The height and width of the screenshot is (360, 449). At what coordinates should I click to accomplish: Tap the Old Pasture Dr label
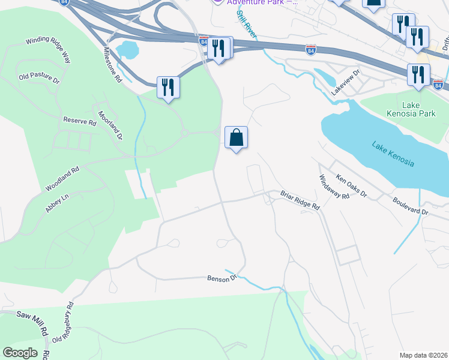(40, 78)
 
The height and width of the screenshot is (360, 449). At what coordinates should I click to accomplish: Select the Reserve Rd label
(79, 121)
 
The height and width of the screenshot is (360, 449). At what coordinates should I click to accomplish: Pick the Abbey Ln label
(57, 203)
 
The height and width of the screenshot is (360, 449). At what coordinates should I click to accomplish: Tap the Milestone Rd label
(112, 65)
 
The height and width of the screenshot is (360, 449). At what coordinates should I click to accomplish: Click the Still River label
(247, 25)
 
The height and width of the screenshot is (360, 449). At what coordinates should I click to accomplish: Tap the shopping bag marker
(237, 137)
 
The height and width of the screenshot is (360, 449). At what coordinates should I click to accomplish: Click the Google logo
(20, 353)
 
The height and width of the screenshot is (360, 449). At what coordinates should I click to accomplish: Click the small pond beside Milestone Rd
(128, 50)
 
